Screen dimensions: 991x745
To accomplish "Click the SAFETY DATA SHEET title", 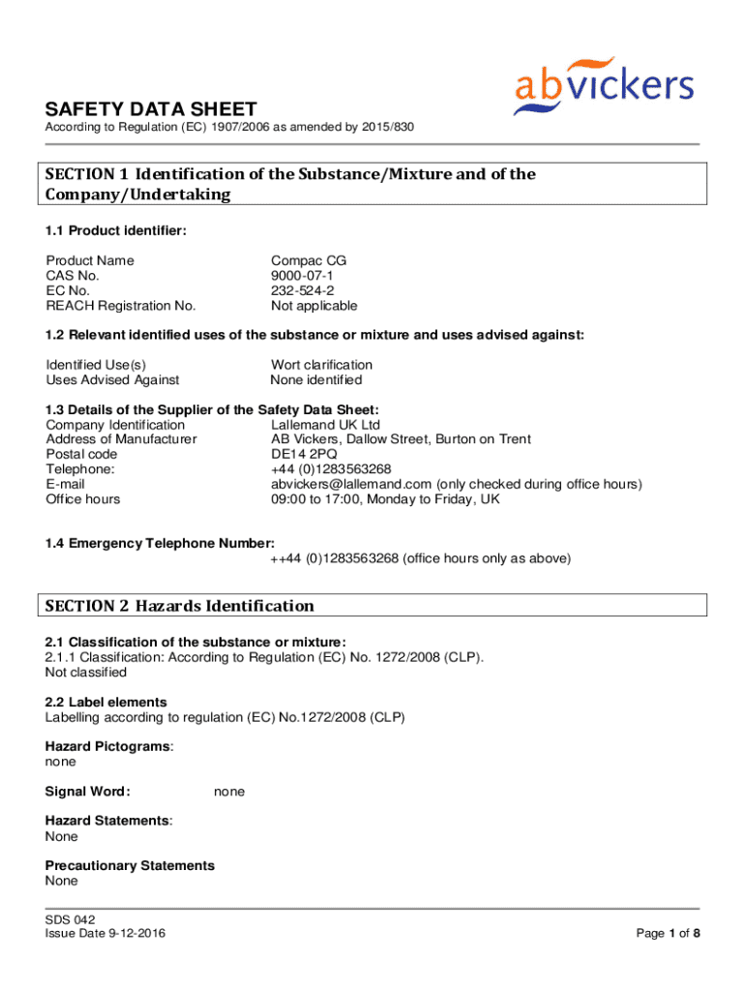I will coord(151,109).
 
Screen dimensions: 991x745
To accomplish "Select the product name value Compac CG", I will coord(309,260).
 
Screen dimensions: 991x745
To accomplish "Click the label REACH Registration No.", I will coord(121,306).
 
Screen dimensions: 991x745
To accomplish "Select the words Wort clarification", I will coord(321,365).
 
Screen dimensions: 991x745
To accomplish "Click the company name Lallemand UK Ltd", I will coord(326,425).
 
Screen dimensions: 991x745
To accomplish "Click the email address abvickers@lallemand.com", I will coord(352,484).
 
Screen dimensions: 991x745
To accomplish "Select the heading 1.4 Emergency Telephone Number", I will coord(160,543).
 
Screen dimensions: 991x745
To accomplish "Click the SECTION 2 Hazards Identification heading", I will coord(180,606).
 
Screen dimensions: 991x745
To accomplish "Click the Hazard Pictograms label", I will coord(108,746).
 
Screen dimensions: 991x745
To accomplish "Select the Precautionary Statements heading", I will coord(130,865).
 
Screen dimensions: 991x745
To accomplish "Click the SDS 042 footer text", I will coord(70,918).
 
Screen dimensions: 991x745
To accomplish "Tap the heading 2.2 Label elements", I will coord(106,702).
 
